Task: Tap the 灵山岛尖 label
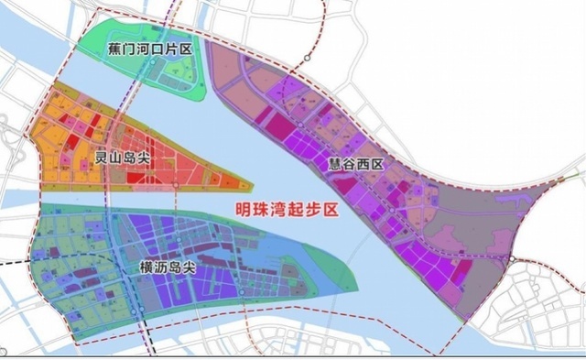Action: click(x=123, y=159)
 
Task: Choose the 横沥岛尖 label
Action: click(x=164, y=267)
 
